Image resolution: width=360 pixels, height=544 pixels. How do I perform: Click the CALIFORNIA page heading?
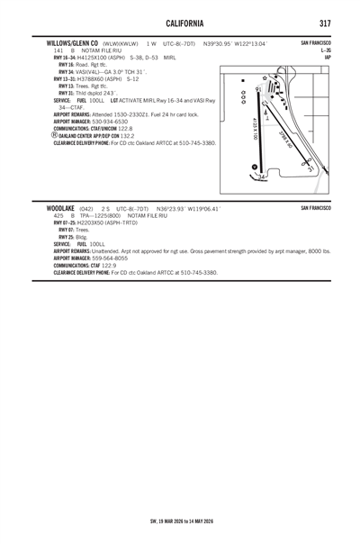tap(180, 20)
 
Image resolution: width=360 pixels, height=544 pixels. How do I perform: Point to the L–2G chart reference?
tap(325, 51)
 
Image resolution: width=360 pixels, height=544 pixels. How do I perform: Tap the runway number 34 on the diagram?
tap(260, 177)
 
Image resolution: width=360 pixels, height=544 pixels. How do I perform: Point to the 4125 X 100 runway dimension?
tap(255, 129)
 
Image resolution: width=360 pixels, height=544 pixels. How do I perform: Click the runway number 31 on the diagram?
tap(310, 168)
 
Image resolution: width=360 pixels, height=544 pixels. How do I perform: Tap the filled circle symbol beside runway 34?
tap(254, 168)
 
